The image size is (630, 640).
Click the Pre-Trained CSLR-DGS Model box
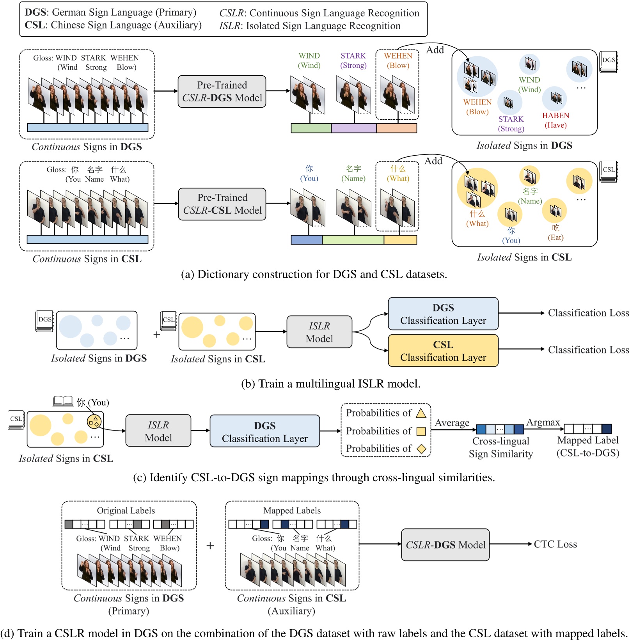pyautogui.click(x=222, y=91)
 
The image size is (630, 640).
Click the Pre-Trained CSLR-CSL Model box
pyautogui.click(x=222, y=204)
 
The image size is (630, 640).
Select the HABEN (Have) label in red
pyautogui.click(x=555, y=120)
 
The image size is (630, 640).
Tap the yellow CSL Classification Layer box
pyautogui.click(x=443, y=351)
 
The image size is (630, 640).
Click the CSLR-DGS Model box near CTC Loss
pyautogui.click(x=445, y=545)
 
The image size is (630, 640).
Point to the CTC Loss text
pyautogui.click(x=555, y=544)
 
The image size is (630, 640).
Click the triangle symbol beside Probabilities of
pyautogui.click(x=421, y=413)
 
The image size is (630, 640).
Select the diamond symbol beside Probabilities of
pyautogui.click(x=421, y=449)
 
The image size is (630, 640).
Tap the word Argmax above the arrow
pyautogui.click(x=543, y=422)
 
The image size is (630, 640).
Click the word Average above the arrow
pyautogui.click(x=452, y=423)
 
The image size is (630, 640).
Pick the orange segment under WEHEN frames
pyautogui.click(x=396, y=128)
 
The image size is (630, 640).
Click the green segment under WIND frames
pyautogui.click(x=311, y=128)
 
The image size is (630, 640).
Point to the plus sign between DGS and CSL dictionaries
pyautogui.click(x=157, y=335)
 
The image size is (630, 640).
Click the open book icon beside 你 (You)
pyautogui.click(x=63, y=401)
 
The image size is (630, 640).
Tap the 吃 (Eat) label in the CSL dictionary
pyautogui.click(x=555, y=233)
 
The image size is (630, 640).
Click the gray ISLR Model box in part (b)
pyautogui.click(x=319, y=332)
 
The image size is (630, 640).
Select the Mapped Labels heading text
pyautogui.click(x=292, y=511)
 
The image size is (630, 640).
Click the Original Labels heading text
pyautogui.click(x=126, y=511)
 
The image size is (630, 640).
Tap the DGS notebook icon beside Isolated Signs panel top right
pyautogui.click(x=609, y=62)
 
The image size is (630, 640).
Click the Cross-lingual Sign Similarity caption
pyautogui.click(x=500, y=447)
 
